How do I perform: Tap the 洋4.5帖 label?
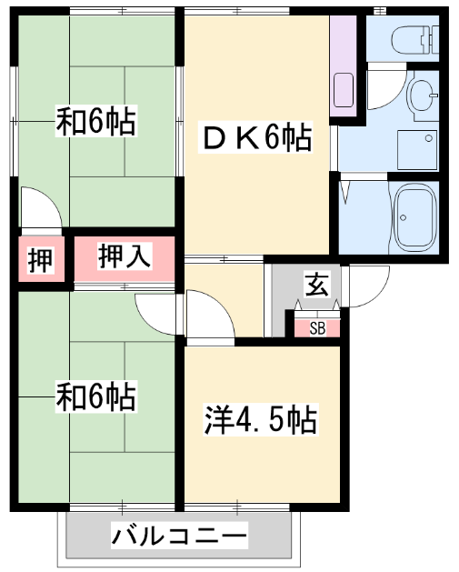coord(260,419)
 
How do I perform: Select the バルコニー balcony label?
coord(179,535)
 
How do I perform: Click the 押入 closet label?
coord(125,256)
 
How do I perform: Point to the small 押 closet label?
coord(41,260)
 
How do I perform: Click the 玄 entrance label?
coord(317,284)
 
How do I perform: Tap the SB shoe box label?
coord(317,328)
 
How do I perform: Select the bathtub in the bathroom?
coord(416,217)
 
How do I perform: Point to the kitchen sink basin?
coord(344,90)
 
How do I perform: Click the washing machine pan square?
coord(417,149)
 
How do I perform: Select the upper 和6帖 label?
coord(96,120)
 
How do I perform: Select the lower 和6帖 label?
coord(96,396)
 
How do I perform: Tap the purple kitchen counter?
coord(343,66)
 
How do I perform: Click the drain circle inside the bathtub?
coord(403,217)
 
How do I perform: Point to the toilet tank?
coord(434,39)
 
